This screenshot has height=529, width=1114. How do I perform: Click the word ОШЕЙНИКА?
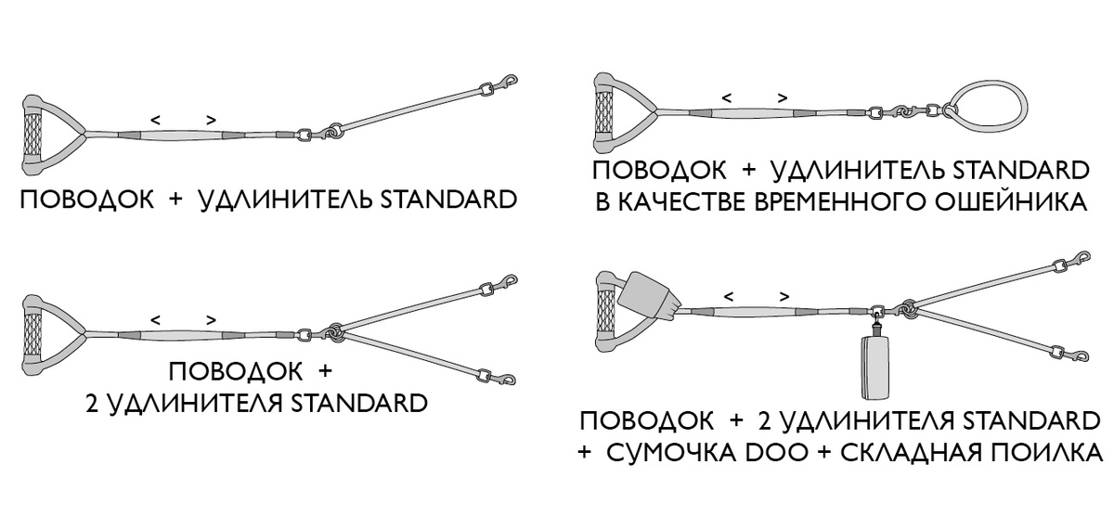tap(1011, 202)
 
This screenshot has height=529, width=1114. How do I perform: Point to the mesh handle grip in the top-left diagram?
tap(33, 135)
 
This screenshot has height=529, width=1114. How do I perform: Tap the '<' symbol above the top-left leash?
tap(156, 120)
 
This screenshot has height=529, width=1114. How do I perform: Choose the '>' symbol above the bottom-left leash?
tap(212, 320)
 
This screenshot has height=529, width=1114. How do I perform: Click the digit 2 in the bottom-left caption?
tap(92, 404)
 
